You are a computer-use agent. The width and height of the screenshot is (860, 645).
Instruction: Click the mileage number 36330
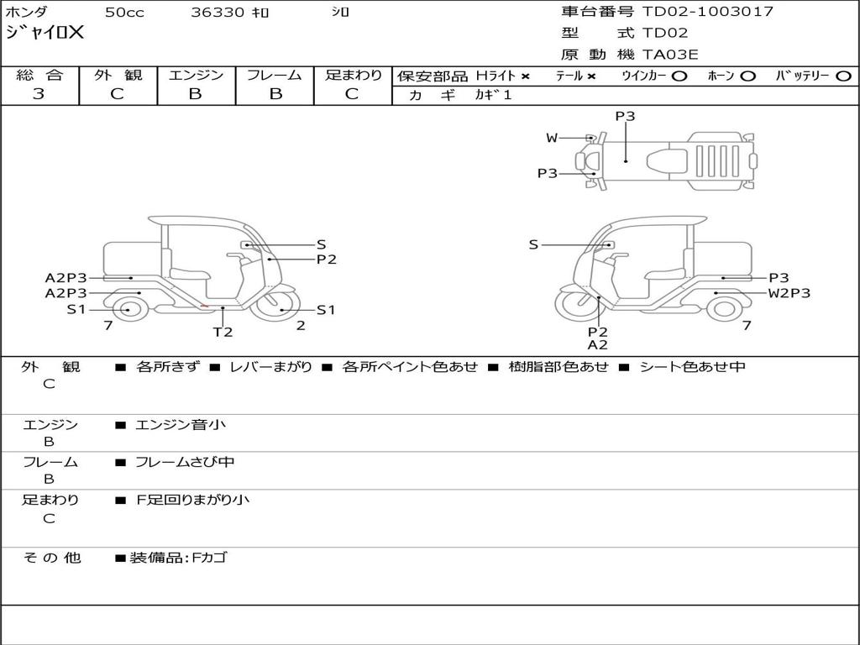click(218, 12)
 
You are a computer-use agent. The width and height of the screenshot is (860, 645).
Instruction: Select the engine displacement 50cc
click(123, 12)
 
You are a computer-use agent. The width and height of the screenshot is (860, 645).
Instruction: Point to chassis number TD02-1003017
click(707, 11)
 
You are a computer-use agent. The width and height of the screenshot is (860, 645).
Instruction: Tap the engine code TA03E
click(670, 55)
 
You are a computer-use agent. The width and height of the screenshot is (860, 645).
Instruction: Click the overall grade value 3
click(39, 94)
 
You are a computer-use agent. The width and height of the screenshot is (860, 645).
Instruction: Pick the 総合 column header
click(39, 75)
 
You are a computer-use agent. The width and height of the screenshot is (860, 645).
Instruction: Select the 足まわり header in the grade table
click(353, 75)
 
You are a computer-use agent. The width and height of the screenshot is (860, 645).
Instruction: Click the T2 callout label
click(223, 331)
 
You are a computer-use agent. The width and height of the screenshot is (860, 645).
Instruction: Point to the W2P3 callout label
click(789, 293)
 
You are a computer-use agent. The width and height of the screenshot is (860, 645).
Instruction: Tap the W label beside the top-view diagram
click(552, 138)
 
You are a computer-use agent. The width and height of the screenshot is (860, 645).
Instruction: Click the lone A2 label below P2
click(597, 344)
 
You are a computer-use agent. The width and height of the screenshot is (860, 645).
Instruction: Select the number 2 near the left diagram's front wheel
click(301, 326)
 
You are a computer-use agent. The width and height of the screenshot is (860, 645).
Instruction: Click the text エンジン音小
click(181, 425)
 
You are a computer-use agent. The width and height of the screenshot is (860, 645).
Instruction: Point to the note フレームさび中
click(185, 462)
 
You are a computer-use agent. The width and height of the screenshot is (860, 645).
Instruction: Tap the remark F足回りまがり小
click(192, 500)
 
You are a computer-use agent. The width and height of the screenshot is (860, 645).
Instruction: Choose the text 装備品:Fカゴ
click(178, 558)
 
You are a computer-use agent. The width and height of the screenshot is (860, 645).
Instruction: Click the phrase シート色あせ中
click(691, 366)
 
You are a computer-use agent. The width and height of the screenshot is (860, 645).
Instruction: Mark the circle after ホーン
click(747, 76)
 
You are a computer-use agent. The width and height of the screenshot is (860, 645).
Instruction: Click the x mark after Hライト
click(526, 76)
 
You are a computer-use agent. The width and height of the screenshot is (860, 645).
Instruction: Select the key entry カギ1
click(493, 95)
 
